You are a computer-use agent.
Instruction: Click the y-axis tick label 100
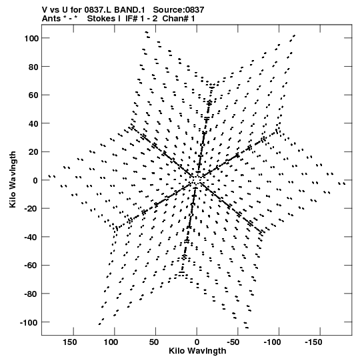click(31, 38)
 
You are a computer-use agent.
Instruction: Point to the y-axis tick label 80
click(33, 67)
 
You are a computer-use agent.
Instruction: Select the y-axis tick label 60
click(33, 95)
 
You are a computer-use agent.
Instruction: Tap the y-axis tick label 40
click(33, 123)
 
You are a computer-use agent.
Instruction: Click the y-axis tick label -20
click(31, 209)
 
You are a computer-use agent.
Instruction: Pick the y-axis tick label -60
click(31, 266)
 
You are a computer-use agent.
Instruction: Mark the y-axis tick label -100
click(29, 322)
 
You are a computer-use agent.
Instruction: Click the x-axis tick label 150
click(70, 342)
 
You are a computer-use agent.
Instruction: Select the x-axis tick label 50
click(153, 342)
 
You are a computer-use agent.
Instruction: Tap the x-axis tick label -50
click(235, 342)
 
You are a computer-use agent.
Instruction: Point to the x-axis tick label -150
click(313, 342)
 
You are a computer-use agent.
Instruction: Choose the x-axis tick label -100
click(273, 342)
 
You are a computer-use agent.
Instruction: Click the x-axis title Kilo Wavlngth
click(197, 351)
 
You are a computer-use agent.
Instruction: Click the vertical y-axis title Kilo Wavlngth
click(13, 179)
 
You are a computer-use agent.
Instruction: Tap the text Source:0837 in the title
click(179, 10)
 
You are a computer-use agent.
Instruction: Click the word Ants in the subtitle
click(50, 19)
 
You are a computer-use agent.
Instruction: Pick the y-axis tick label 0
click(35, 180)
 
